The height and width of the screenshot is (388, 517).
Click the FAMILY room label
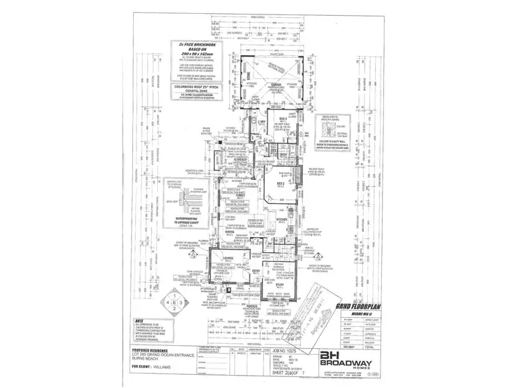tap(241, 195)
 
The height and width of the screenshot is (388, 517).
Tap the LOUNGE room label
tap(229, 260)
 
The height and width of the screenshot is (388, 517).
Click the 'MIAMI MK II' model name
tap(357, 315)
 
